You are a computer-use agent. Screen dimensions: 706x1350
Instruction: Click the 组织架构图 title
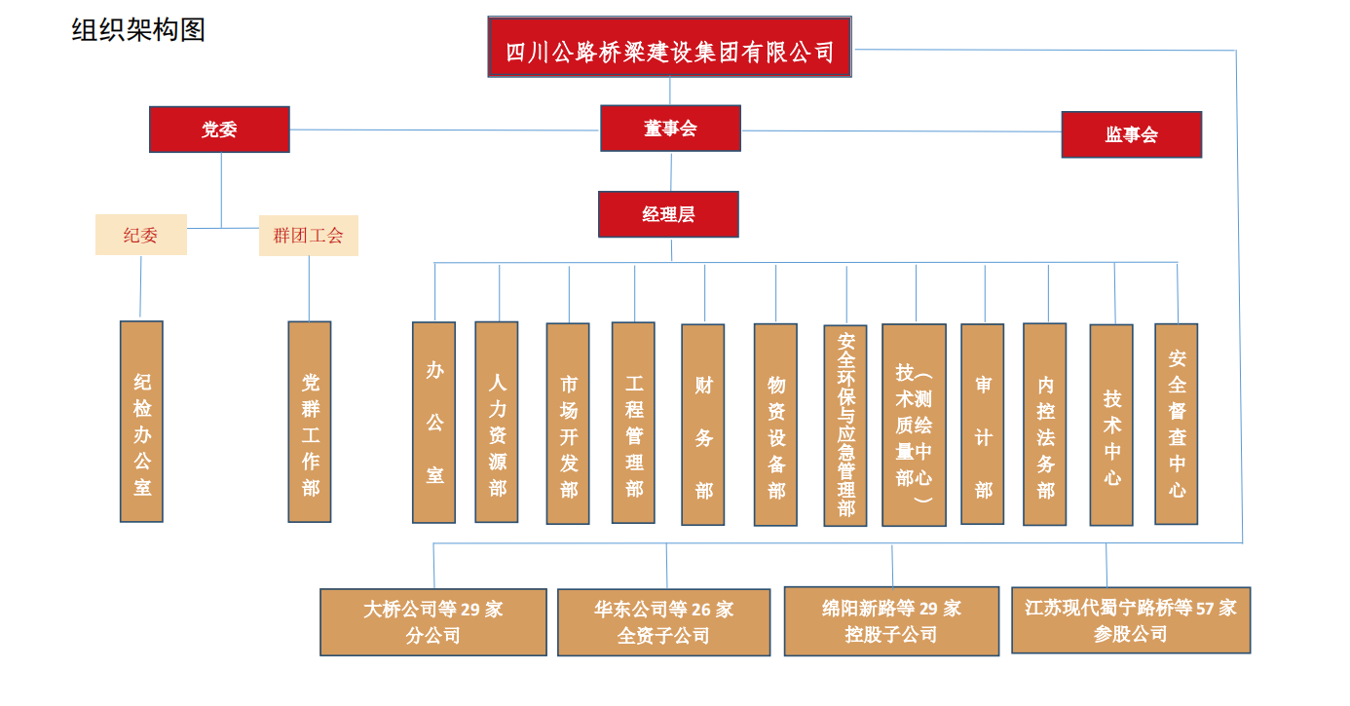click(x=138, y=30)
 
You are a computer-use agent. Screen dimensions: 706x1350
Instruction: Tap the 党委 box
click(x=219, y=130)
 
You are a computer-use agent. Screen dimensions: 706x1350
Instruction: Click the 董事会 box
click(x=670, y=128)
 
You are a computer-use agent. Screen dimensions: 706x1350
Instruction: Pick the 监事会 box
click(x=1131, y=134)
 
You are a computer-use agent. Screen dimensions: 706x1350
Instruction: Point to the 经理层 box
click(x=668, y=214)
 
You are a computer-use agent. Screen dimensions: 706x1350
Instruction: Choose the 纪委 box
click(x=140, y=235)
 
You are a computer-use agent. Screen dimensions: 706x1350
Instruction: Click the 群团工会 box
click(x=308, y=235)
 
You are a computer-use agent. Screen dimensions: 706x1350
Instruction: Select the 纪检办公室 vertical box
click(x=141, y=421)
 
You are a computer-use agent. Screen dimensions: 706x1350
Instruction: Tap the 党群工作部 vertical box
click(x=310, y=421)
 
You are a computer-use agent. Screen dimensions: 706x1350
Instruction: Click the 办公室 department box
click(x=433, y=422)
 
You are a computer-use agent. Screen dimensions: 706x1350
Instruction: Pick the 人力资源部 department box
click(x=497, y=422)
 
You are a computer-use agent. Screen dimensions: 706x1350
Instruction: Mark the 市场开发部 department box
click(x=568, y=423)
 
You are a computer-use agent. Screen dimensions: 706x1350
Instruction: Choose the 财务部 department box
click(x=703, y=424)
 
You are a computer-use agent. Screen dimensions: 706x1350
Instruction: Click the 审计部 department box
click(x=983, y=424)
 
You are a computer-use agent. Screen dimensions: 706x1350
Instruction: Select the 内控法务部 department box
click(x=1045, y=424)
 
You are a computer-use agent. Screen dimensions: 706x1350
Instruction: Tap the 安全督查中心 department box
click(x=1177, y=424)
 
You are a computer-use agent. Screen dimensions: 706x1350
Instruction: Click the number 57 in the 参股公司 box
click(x=1206, y=609)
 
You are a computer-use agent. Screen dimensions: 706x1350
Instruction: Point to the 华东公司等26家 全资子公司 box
click(x=663, y=622)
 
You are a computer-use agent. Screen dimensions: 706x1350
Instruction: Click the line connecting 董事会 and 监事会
click(x=901, y=131)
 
